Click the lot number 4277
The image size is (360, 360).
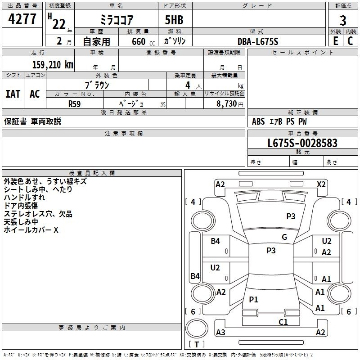[22, 19]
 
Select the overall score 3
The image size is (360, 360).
[343, 20]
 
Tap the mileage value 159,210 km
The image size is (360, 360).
[53, 64]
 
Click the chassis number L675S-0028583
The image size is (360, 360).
[302, 143]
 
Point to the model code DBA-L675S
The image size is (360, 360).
[258, 41]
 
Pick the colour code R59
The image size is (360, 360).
[74, 103]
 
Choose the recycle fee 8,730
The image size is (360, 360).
[227, 103]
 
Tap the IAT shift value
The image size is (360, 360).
[13, 94]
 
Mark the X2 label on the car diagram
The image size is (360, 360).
[321, 184]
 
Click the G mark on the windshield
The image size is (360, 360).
[284, 237]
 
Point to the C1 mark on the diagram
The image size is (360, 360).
[283, 322]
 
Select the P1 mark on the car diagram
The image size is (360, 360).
[253, 299]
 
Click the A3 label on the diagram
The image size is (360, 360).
[220, 333]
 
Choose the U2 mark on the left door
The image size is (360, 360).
[215, 268]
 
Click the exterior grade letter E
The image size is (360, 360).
[335, 41]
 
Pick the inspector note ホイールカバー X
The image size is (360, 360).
[31, 230]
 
